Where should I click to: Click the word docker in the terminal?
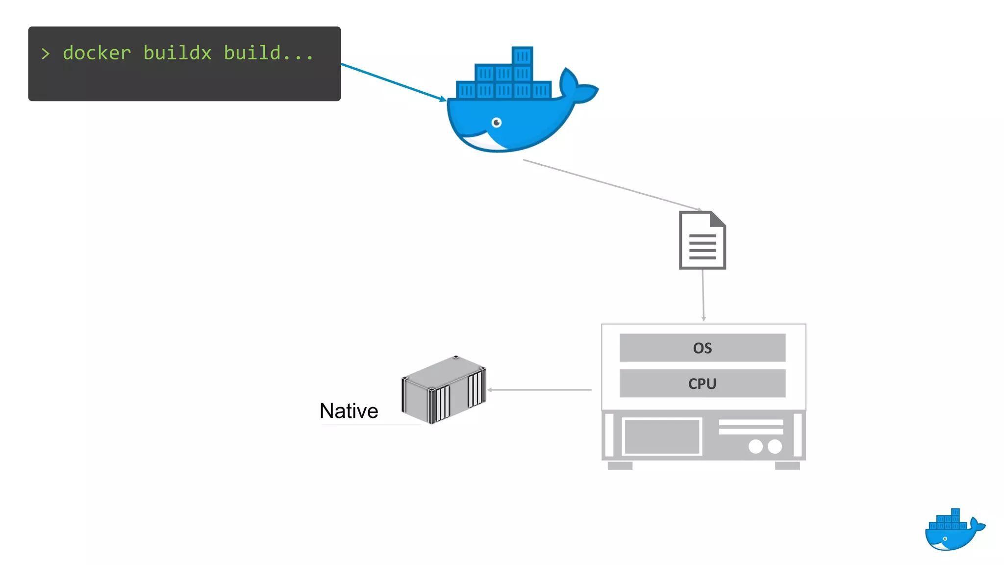point(97,53)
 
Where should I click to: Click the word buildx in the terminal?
point(177,53)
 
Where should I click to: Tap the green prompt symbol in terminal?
point(46,53)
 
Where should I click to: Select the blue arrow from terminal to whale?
point(392,81)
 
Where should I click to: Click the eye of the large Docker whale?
point(497,122)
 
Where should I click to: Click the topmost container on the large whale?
point(522,56)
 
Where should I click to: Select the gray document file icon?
point(702,240)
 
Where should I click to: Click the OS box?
point(702,348)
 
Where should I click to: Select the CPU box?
point(702,384)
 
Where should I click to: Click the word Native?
point(349,411)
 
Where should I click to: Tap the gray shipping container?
point(443,390)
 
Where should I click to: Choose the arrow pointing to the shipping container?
point(539,390)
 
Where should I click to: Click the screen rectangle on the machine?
point(662,437)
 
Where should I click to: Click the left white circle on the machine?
point(755,446)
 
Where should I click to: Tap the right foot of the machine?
point(787,465)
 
